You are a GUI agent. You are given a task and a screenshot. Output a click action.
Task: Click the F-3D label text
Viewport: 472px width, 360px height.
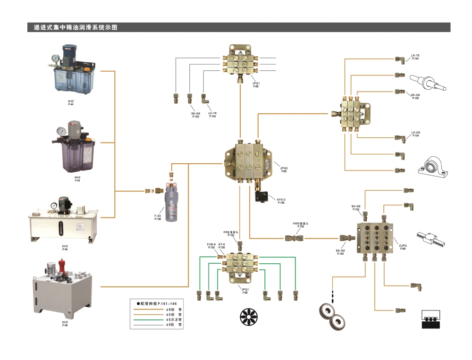pos(158,216)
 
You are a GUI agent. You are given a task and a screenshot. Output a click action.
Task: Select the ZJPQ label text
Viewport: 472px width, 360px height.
pos(403,245)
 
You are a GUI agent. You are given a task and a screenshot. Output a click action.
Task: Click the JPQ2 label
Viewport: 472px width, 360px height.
pos(284,168)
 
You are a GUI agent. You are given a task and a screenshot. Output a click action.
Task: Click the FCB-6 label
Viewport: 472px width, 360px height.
pos(211,245)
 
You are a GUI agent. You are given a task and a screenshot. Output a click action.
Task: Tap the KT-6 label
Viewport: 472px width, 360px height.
pos(222,245)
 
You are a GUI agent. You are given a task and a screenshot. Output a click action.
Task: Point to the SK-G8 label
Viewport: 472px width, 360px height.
pos(340,251)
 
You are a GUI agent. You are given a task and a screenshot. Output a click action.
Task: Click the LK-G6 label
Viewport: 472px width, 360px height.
pos(415,133)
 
